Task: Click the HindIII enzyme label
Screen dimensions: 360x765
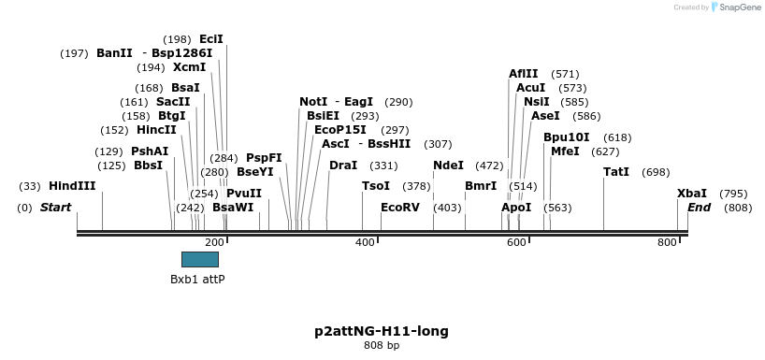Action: click(x=72, y=186)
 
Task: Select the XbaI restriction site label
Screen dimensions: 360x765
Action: click(x=692, y=194)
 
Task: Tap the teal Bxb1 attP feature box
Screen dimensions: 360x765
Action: click(x=199, y=259)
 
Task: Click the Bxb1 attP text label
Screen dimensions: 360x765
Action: click(x=197, y=280)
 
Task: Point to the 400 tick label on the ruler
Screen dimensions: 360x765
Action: click(x=366, y=243)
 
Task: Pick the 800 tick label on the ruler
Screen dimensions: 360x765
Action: click(x=667, y=243)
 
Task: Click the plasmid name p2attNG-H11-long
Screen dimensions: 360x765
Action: click(x=382, y=331)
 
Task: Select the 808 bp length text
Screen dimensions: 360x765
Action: click(x=382, y=346)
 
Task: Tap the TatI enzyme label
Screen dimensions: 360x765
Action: click(x=616, y=172)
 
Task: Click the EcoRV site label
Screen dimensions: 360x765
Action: click(x=400, y=207)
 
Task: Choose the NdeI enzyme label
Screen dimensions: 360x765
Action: click(x=448, y=166)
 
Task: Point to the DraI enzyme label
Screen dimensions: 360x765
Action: click(x=343, y=166)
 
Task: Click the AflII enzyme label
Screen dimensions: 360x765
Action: click(x=524, y=74)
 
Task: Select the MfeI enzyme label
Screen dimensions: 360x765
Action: click(x=565, y=151)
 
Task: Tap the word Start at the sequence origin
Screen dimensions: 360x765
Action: click(x=55, y=207)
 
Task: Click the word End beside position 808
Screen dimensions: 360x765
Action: click(x=699, y=207)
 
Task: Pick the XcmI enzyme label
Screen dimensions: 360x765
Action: click(x=189, y=67)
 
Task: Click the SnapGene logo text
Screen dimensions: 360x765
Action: click(x=738, y=7)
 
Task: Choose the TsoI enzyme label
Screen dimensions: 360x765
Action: click(x=376, y=186)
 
